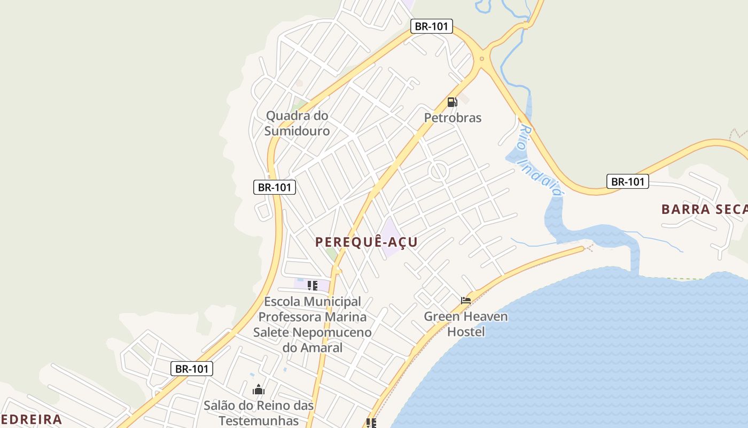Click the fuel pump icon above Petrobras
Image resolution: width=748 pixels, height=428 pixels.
coord(452,102)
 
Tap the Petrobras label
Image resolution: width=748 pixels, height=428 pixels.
coord(453,118)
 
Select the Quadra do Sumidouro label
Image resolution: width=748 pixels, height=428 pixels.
coord(297,123)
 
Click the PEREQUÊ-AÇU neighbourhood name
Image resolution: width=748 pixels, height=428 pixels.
coord(366,242)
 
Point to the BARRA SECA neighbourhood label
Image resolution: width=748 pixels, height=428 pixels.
coord(704,209)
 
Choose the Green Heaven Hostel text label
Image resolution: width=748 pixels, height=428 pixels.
coord(466,324)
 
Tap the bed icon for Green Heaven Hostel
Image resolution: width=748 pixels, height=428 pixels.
coord(466,300)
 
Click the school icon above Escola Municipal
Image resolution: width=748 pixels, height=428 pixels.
coord(313,285)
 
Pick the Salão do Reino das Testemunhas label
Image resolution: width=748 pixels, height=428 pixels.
coord(259,412)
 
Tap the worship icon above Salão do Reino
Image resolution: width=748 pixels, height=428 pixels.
coord(259,389)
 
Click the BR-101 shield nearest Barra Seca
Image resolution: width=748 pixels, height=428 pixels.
coord(628,181)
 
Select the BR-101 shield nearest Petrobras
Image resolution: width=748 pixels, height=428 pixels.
coord(432,26)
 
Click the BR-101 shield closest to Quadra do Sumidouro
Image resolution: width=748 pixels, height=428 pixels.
coord(275,187)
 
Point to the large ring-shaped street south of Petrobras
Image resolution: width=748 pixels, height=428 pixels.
coord(438,171)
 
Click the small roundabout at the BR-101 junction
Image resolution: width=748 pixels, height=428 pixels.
coord(482,59)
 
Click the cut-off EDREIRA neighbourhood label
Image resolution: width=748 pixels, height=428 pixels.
coord(31,419)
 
